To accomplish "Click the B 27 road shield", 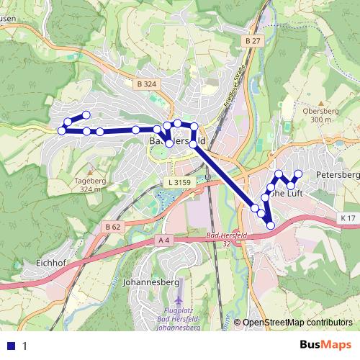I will (251, 42).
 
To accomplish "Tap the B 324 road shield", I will (145, 84).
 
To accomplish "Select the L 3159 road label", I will (179, 183).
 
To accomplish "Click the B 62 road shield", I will (112, 227).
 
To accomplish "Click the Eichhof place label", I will (50, 264).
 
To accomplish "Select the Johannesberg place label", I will (151, 282).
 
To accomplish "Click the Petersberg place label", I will (337, 175).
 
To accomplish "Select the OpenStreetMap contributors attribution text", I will (297, 323).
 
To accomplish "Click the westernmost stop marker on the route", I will (61, 130).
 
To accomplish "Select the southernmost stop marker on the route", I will (271, 225).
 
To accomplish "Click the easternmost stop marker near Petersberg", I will (297, 174).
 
